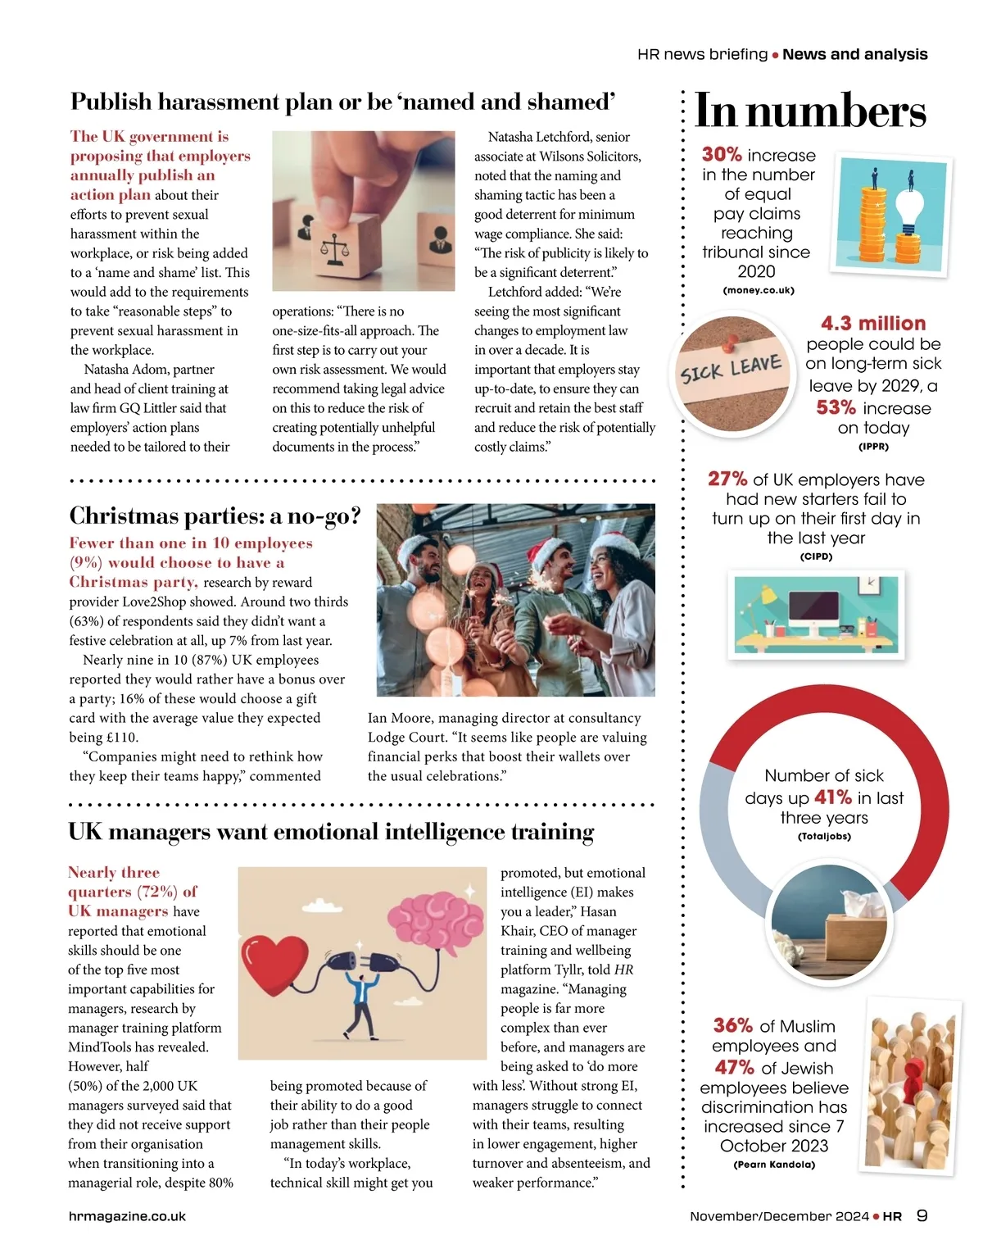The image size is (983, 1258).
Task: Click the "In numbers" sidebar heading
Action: (809, 111)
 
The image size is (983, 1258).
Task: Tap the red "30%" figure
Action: (722, 154)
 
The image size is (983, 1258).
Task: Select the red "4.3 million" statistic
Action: (872, 323)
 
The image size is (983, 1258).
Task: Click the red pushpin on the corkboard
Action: (731, 341)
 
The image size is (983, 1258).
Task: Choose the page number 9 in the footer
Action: (922, 1215)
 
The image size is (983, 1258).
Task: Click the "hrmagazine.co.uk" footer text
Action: (127, 1216)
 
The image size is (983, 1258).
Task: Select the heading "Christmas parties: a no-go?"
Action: (215, 515)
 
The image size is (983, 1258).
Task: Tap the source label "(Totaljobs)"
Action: (824, 837)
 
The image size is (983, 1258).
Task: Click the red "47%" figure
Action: (734, 1067)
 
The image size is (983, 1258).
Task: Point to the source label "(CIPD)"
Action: (816, 556)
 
